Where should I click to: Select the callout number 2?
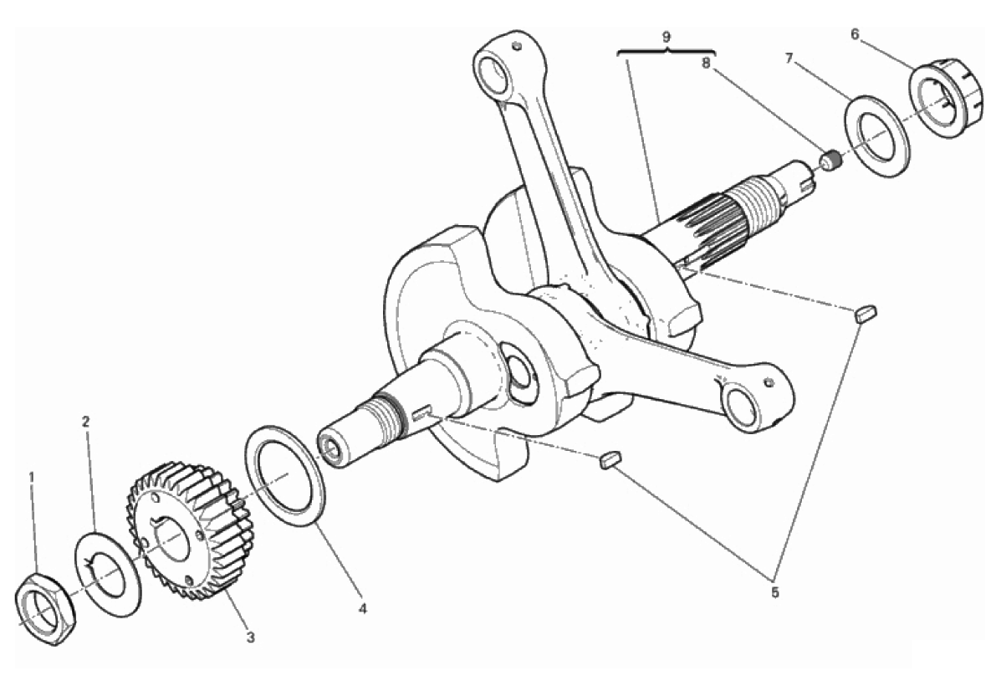(x=86, y=421)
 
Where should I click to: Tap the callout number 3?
(x=250, y=637)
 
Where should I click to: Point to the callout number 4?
(x=363, y=608)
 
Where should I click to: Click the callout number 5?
(x=775, y=592)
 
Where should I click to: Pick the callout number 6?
(x=855, y=34)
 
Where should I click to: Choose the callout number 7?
(x=789, y=59)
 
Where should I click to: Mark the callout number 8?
(x=706, y=63)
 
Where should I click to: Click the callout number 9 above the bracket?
(x=666, y=36)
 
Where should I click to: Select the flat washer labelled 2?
(x=108, y=574)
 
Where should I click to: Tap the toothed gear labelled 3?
(x=191, y=530)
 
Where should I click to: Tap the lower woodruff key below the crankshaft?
(x=610, y=459)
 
